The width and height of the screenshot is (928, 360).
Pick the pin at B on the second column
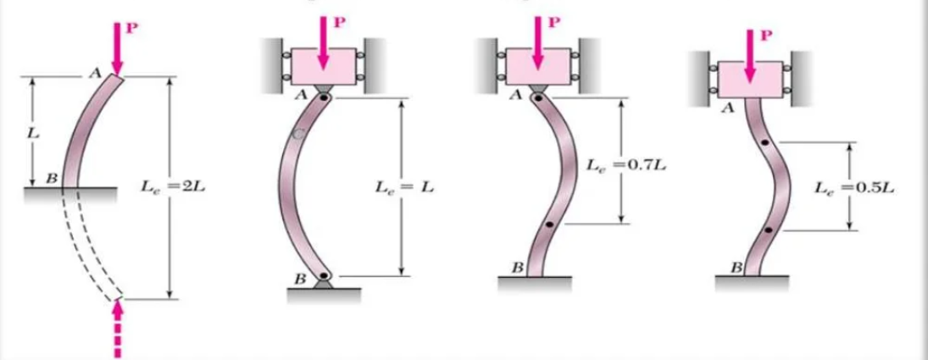tap(325, 276)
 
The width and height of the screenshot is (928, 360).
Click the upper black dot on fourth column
tap(765, 144)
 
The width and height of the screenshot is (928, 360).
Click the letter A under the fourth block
tap(725, 109)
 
